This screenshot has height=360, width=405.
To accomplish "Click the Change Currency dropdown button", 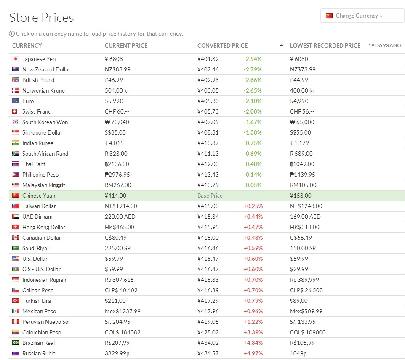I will point(362,16).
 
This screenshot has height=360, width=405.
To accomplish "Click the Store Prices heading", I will point(41,18).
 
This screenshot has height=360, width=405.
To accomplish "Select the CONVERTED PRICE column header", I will point(222,45).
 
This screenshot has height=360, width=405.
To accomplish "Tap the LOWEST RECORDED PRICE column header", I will point(325,45).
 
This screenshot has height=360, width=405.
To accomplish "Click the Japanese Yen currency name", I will point(39,59).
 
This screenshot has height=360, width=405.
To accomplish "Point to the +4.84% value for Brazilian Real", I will point(253,343).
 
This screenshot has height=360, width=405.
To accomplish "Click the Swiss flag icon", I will point(16,111).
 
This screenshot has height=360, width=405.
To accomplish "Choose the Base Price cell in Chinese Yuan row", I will point(210,196).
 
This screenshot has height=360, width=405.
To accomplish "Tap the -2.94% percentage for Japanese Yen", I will point(253,59).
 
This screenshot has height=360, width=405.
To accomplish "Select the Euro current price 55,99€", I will point(114,101).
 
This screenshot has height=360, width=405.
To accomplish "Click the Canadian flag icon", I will point(16,238).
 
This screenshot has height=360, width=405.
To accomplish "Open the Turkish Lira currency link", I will point(36,301).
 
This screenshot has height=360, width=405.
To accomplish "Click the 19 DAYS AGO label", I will point(384,45).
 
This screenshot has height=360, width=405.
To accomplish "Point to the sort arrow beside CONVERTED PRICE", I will point(282,45).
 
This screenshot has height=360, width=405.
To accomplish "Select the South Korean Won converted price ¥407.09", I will point(208,122).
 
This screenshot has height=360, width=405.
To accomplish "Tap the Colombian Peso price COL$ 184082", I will point(123,332).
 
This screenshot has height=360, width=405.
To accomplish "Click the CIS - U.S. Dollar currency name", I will point(41,269).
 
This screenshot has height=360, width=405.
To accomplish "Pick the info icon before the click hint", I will point(12,34).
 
